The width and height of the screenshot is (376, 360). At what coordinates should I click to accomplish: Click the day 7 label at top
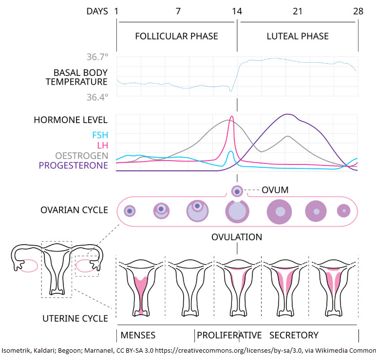[178, 11]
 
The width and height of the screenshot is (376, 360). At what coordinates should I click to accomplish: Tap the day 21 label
[298, 11]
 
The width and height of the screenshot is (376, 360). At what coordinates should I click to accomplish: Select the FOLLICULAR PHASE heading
[176, 36]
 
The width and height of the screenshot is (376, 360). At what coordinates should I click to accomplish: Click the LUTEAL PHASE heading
[298, 36]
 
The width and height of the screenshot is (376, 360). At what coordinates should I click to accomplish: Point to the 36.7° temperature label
[97, 57]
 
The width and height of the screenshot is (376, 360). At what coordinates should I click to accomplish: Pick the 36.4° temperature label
[97, 97]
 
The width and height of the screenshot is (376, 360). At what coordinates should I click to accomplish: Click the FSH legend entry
[100, 135]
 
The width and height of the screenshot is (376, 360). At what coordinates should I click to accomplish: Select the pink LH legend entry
[103, 145]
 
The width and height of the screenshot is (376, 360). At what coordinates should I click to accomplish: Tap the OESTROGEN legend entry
[81, 156]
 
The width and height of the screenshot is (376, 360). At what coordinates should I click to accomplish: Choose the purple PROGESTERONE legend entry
[74, 165]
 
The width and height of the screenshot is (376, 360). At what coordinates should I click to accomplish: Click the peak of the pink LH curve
[232, 116]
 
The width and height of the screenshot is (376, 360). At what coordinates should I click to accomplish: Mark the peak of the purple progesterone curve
[287, 114]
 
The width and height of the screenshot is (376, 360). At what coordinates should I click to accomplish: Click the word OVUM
[275, 190]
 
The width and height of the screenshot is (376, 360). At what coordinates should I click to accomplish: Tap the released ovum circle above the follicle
[237, 191]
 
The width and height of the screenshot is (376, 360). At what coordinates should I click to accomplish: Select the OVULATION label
[237, 237]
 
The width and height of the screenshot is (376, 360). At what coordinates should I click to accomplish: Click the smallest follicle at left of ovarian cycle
[130, 211]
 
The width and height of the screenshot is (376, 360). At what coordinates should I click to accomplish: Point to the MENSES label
[138, 335]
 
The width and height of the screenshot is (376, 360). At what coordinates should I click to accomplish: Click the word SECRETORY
[294, 335]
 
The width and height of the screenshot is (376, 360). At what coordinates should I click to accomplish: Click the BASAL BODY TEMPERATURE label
[77, 77]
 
